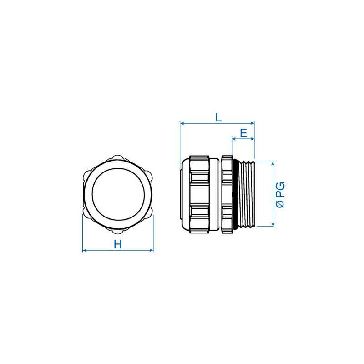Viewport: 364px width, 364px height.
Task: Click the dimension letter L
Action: (218, 117)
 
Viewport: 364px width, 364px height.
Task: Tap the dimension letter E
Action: (243, 133)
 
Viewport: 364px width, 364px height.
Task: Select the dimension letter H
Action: (118, 244)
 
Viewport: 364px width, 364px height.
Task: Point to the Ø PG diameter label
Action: (280, 195)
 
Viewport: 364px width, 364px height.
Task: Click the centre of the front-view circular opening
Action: (118, 193)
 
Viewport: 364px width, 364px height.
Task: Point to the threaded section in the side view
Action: (246, 193)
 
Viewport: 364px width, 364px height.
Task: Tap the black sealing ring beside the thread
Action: (233, 193)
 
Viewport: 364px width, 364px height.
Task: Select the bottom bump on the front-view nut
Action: (118, 229)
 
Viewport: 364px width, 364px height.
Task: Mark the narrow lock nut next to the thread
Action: (227, 193)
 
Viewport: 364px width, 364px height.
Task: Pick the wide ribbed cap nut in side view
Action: (200, 193)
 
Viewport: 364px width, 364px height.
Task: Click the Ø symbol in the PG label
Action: (280, 205)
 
